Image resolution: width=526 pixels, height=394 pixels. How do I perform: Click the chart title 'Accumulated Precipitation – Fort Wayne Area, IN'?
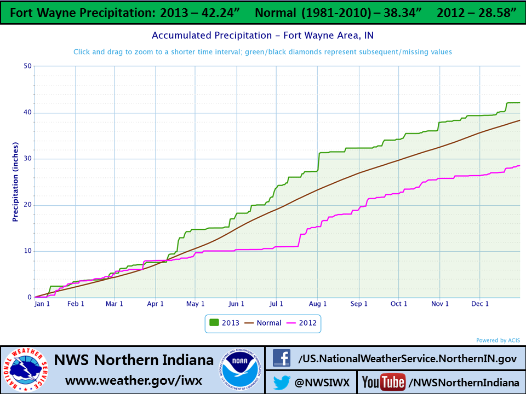tap(263, 36)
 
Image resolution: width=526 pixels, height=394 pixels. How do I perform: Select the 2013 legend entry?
tap(225, 323)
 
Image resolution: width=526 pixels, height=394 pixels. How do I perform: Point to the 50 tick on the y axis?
tap(27, 66)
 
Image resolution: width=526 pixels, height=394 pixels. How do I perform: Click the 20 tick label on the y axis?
tap(27, 205)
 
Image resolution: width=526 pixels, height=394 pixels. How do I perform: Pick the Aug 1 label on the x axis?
tap(318, 304)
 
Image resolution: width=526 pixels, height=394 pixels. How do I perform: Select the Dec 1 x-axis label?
tap(480, 304)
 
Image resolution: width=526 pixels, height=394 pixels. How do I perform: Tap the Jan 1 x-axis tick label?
tap(42, 304)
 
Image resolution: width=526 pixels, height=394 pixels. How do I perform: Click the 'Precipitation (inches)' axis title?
tap(15, 181)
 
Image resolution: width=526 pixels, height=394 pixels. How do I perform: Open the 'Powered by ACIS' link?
tap(499, 340)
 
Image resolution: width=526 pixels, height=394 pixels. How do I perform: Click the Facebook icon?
tap(282, 358)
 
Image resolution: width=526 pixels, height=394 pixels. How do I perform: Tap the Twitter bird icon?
tap(282, 381)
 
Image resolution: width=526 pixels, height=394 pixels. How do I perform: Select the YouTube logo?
tap(383, 381)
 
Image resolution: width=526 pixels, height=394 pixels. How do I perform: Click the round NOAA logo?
tap(241, 370)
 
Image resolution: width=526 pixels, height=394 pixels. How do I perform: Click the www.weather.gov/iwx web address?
tap(134, 380)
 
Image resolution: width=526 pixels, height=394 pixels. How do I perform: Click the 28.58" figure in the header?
tap(491, 12)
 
